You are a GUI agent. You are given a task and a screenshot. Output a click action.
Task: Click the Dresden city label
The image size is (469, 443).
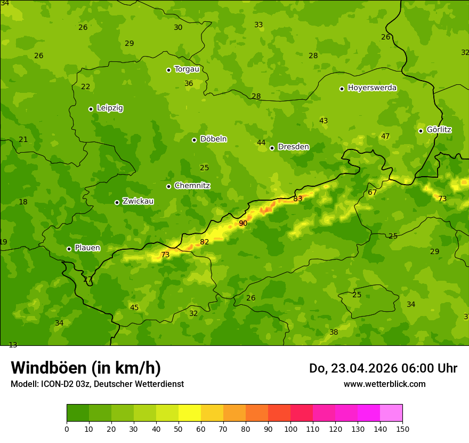pos(293,147)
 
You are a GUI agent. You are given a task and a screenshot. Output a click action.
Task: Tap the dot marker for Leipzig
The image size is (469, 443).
pos(91,109)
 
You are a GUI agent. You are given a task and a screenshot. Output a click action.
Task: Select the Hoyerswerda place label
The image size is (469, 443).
pos(372,88)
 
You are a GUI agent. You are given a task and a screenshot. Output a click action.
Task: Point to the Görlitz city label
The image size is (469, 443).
pos(439,130)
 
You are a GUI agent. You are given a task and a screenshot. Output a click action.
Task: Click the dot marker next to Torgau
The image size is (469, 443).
pos(168,70)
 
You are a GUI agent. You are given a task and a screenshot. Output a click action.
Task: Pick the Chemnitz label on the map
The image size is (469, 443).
pos(192,186)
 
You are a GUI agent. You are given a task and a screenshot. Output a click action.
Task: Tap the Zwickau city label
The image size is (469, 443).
pos(138,201)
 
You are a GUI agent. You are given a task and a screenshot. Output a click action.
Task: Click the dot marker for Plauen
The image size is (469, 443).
pos(69,249)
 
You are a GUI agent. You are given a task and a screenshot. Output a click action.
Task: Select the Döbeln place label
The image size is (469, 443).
pos(213,139)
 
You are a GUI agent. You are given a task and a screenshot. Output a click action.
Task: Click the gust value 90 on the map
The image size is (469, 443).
pos(243,223)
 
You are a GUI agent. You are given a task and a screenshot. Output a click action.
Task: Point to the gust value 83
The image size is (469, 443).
pos(298,199)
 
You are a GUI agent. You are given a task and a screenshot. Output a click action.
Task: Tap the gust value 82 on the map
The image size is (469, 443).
pos(205,242)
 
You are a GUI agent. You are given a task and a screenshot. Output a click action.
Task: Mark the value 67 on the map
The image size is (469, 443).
pos(373,192)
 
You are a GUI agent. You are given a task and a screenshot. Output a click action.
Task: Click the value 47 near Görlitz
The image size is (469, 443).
pos(385,137)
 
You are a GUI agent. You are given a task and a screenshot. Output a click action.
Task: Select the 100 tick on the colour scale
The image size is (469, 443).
pos(290,429)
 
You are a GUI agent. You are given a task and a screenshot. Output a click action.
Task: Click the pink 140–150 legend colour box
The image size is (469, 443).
pos(391,413)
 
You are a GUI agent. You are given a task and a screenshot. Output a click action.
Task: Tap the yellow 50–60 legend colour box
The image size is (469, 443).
pos(190,413)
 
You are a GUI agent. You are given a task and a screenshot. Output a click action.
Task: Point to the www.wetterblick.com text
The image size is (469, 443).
pos(384,384)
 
